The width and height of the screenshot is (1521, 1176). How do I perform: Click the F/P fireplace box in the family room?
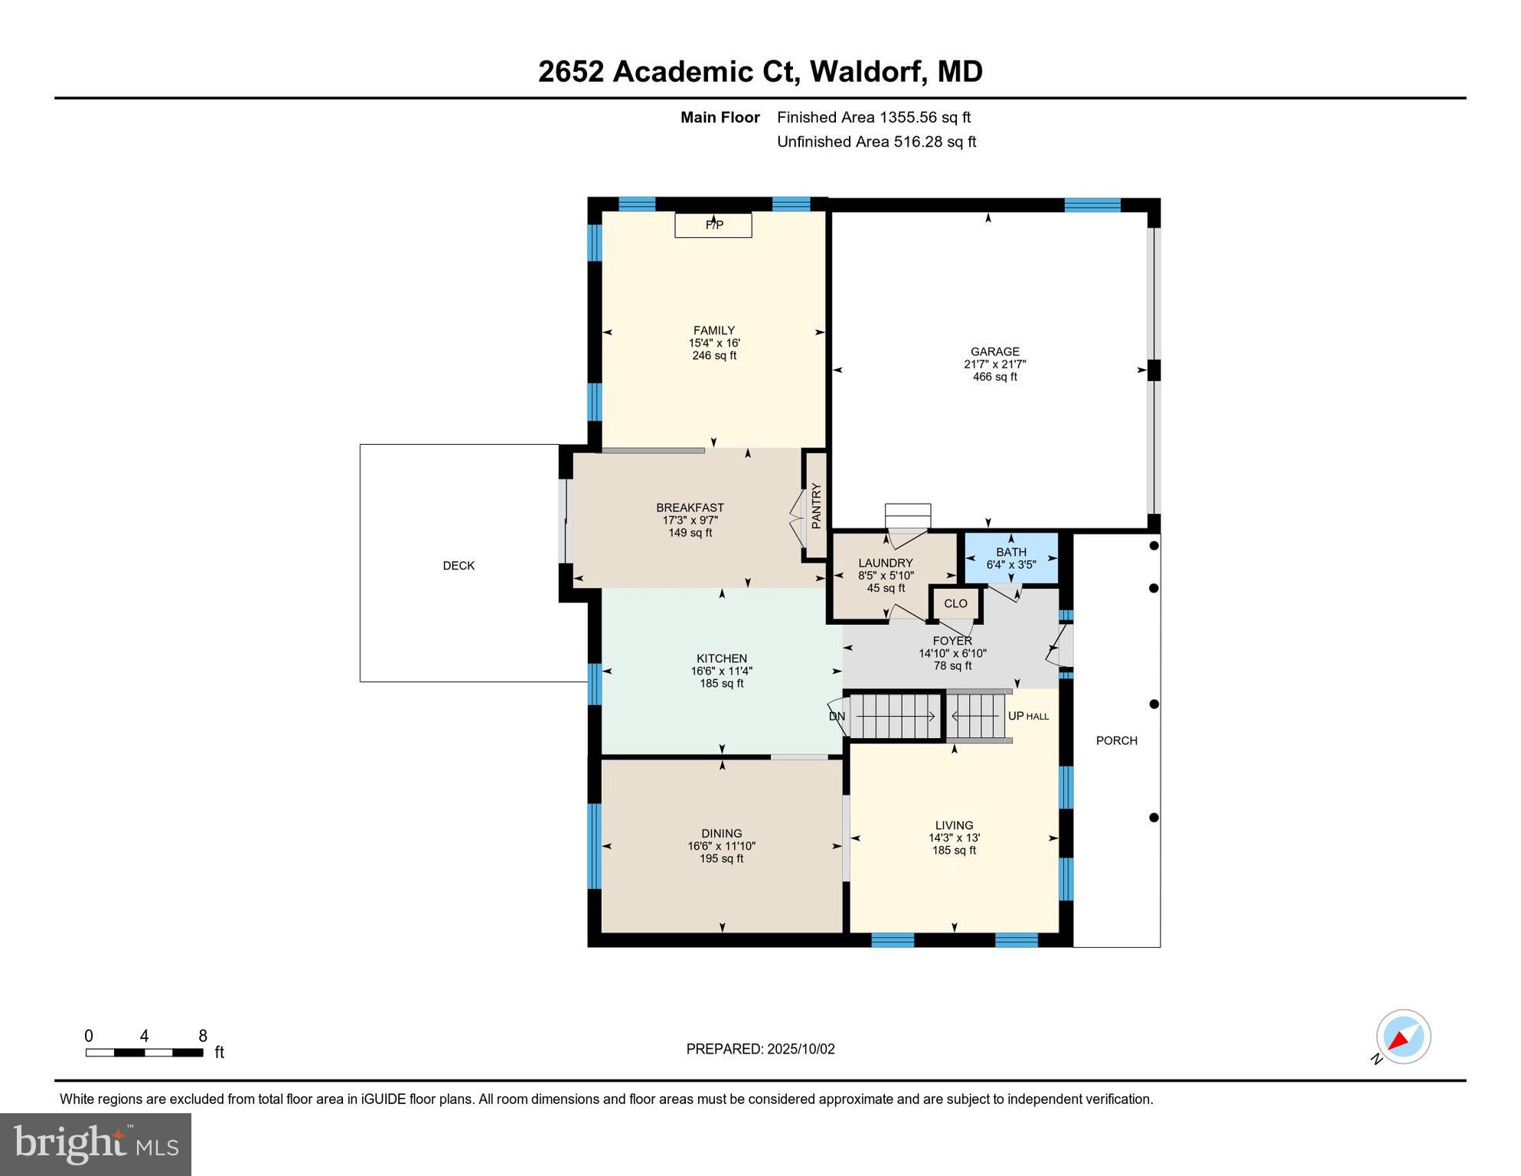[x=713, y=225]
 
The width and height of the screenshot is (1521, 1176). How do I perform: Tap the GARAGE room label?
[x=994, y=351]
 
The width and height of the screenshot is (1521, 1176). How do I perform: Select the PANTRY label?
[x=816, y=505]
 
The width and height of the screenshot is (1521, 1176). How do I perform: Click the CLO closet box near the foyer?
[x=955, y=603]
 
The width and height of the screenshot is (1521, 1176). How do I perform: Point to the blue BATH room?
[x=1010, y=558]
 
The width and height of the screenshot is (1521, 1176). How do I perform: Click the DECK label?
[x=459, y=566]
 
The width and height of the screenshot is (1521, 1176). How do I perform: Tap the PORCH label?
[x=1116, y=740]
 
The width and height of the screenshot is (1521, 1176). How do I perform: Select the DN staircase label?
[x=837, y=717]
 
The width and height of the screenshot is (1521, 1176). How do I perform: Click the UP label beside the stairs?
[x=1016, y=716]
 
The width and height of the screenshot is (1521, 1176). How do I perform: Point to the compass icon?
[x=1403, y=1037]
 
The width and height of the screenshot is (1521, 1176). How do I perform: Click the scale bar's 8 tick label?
[x=203, y=1036]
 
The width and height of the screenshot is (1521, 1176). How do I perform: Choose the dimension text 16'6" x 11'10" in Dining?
[x=721, y=846]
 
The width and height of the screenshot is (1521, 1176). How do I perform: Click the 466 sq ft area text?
[x=994, y=377]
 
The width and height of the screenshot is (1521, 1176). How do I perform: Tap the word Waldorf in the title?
[x=869, y=71]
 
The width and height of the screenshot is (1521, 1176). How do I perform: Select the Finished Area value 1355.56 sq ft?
[x=925, y=117]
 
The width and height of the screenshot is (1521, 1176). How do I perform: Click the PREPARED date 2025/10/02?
[x=801, y=1049]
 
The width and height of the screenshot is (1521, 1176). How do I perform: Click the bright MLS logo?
[x=96, y=1144]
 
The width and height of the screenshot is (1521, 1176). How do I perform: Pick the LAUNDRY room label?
[x=885, y=563]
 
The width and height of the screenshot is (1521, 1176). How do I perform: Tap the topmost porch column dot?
[x=1154, y=546]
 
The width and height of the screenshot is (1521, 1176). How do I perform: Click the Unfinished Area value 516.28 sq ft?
[x=935, y=142]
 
